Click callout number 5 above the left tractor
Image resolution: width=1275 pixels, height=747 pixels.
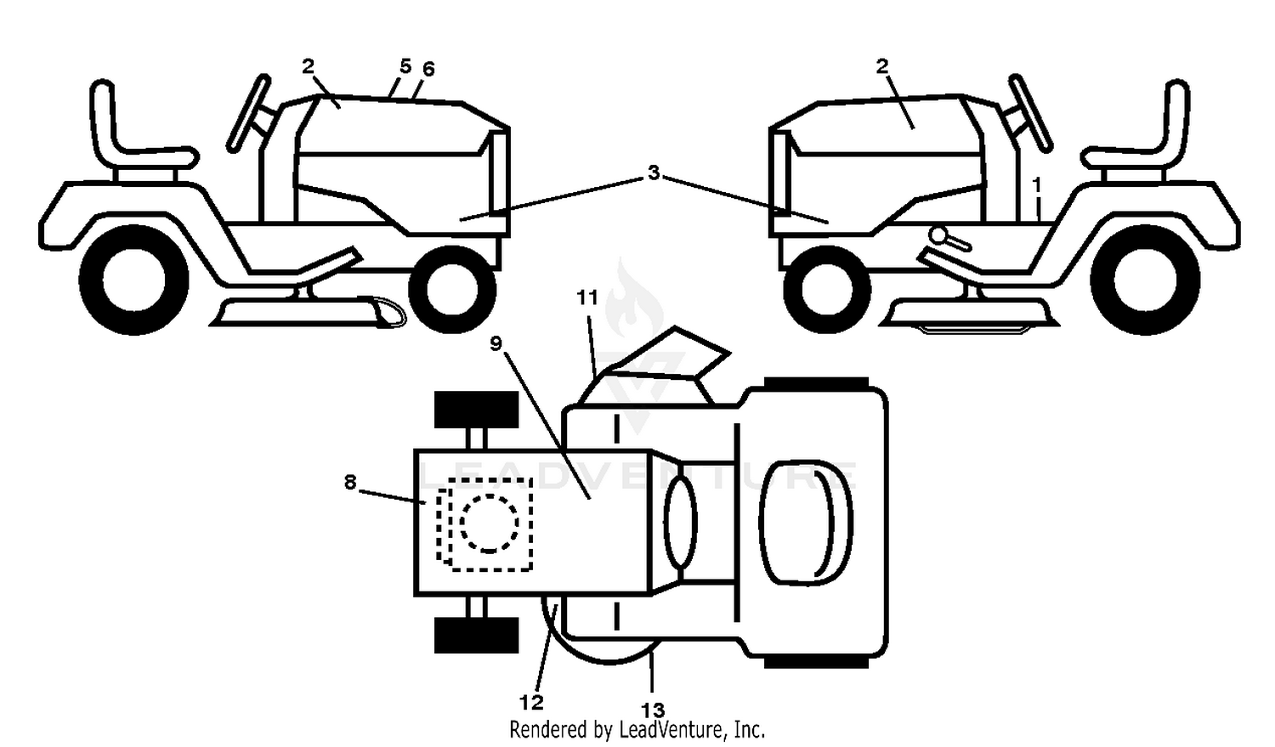(x=405, y=66)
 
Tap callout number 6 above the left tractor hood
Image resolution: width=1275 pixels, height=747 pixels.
(x=428, y=70)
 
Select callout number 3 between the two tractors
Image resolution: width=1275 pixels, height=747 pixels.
(x=654, y=173)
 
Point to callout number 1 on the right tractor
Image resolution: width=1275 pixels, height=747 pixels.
(x=1036, y=185)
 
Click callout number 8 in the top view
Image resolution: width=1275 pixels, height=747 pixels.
(x=350, y=483)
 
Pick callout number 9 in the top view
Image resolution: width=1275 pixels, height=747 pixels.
(x=496, y=343)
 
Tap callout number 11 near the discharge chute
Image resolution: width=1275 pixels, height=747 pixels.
(x=587, y=297)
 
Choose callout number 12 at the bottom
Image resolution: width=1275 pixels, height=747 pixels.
(x=531, y=703)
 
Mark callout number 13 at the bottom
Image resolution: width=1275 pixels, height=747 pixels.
(x=653, y=710)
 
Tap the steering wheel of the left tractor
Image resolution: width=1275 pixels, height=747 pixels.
(x=248, y=113)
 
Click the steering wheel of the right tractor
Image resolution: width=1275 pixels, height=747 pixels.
(x=1031, y=113)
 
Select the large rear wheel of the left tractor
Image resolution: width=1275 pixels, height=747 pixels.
(x=134, y=280)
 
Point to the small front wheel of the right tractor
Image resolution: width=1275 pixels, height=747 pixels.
(x=826, y=290)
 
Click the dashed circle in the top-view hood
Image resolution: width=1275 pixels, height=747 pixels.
(x=490, y=523)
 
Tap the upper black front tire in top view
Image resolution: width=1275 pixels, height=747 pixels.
(x=476, y=410)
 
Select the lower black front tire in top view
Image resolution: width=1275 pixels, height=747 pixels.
(x=476, y=635)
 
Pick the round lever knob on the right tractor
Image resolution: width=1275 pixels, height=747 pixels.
(x=938, y=235)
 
